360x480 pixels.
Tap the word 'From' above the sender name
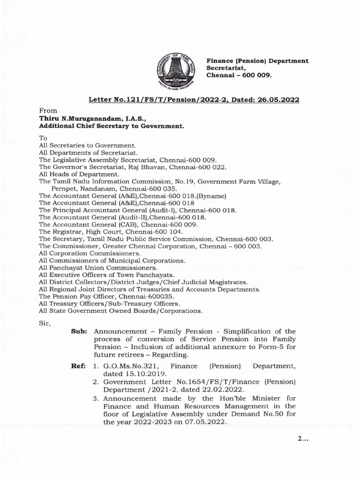47,111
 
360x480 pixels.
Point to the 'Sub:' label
79,331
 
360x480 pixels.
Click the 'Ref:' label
78,365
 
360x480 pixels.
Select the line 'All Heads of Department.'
73,174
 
